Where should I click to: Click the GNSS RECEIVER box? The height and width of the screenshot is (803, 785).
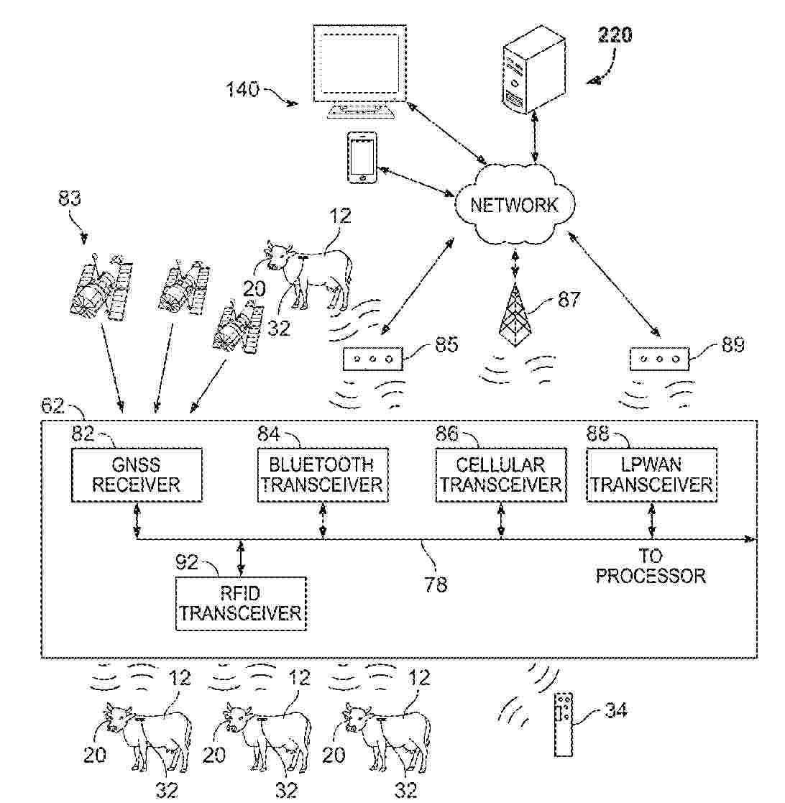point(136,474)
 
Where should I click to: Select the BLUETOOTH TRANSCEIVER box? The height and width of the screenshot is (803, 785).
point(321,474)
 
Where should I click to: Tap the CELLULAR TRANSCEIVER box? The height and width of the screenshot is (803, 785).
point(500,474)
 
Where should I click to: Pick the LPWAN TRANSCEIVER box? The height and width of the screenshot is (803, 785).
point(651,474)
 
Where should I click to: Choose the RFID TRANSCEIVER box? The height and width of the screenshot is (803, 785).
point(240,604)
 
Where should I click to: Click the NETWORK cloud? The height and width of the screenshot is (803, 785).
point(514,205)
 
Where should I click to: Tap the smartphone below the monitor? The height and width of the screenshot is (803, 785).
point(362,158)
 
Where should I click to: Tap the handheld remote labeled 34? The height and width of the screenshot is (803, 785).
point(564,724)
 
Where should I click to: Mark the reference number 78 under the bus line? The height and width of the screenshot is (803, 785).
point(436,584)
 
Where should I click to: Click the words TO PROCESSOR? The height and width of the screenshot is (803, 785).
point(651,566)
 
